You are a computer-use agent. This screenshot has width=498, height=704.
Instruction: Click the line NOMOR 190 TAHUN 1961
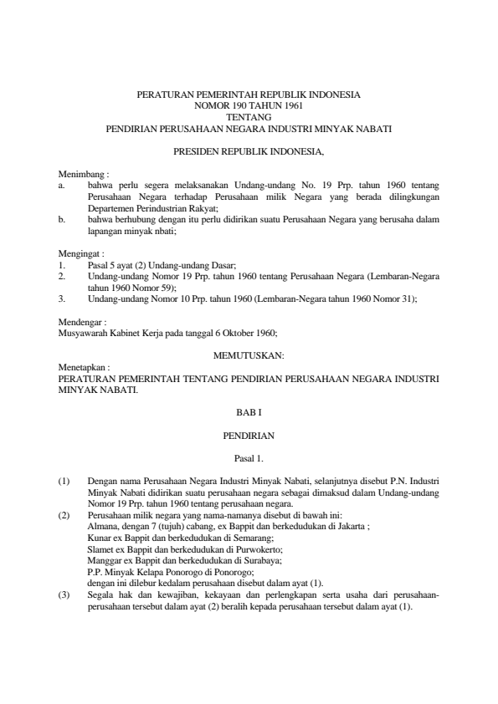coord(249,107)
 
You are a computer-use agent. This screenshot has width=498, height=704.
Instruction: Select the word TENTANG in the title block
coord(249,118)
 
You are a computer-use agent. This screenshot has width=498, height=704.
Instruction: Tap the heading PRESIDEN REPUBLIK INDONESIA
coord(249,151)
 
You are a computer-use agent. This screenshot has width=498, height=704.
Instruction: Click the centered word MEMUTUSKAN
coord(249,355)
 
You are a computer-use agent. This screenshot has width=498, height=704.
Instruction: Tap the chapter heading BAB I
coord(249,412)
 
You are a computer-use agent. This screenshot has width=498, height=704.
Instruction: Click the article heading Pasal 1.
coord(249,457)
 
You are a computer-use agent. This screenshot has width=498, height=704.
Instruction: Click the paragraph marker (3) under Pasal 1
coord(64,594)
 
